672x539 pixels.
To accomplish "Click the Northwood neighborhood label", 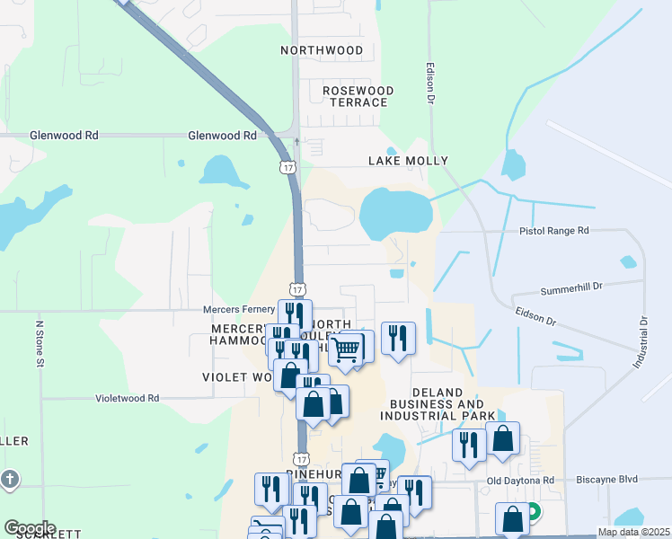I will pos(322,50).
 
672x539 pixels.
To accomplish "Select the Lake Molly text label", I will pos(408,161).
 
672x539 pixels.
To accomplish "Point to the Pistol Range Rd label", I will pos(553,231).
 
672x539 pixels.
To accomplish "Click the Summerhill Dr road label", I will pos(570,291).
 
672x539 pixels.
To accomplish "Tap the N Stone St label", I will pos(39,342).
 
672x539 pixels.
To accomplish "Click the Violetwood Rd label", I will pos(128,397).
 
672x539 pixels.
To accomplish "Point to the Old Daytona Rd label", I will pos(521,481).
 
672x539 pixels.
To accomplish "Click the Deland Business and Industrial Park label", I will pos(438,404).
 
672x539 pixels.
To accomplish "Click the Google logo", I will pos(30,528).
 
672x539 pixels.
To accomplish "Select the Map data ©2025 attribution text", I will pos(632,532).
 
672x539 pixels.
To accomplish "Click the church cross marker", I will pos(10,479).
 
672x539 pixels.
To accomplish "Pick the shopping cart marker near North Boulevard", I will pos(345,348).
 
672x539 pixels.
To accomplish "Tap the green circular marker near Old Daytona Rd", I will pos(533,513).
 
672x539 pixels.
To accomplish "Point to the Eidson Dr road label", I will pos(537,316).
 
